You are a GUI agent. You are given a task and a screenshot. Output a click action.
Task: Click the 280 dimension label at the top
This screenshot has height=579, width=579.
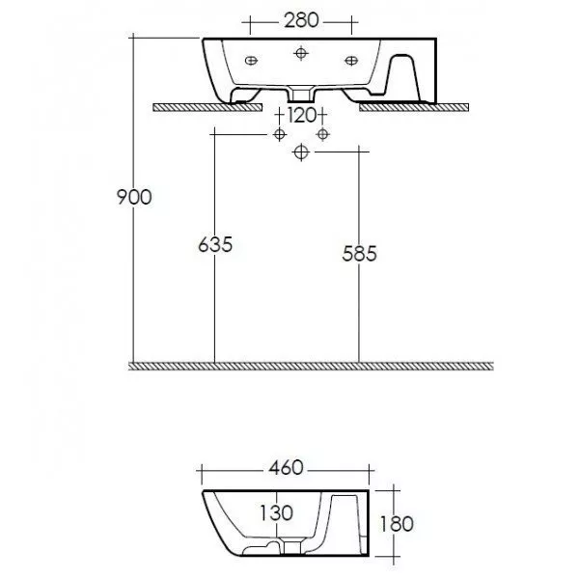[x=301, y=18]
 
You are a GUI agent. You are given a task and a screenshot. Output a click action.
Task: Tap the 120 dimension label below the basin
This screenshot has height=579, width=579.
[x=302, y=116]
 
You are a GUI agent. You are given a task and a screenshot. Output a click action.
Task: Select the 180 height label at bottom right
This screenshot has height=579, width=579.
[x=397, y=524]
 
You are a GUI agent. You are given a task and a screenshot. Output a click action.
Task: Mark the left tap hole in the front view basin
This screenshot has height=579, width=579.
[x=252, y=61]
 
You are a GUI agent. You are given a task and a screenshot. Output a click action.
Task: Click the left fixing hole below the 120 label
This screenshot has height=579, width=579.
[x=279, y=131]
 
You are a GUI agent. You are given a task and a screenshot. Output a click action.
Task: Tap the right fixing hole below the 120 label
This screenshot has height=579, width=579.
[x=324, y=131]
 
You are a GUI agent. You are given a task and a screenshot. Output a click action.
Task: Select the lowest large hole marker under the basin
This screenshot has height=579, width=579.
[x=302, y=152]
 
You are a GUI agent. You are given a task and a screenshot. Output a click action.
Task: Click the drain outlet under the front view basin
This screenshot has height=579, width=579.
[x=302, y=95]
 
